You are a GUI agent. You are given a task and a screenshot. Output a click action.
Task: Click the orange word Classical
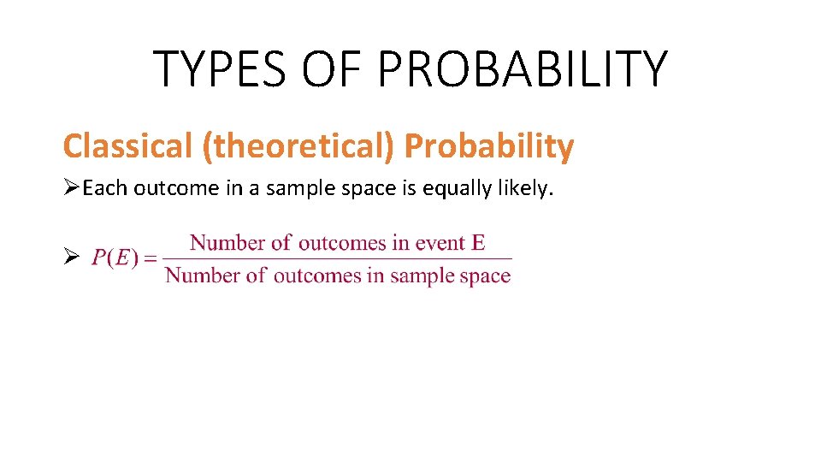(x=127, y=146)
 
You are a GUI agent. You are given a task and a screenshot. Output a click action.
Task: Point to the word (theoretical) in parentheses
(x=298, y=146)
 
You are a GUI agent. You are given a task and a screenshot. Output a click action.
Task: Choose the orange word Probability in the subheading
(x=488, y=146)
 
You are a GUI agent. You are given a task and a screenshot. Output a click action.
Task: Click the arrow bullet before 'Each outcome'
(x=72, y=188)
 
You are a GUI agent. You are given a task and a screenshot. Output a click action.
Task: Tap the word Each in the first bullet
(x=103, y=188)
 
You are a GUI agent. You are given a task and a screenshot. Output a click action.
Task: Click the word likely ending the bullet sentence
(x=529, y=188)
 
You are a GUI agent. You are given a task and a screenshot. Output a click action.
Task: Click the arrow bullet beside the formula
(x=72, y=258)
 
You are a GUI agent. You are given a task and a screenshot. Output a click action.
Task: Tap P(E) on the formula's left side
(x=115, y=258)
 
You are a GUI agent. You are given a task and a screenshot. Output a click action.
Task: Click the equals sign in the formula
(x=151, y=258)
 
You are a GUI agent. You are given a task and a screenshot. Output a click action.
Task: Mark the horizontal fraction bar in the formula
(x=338, y=258)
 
